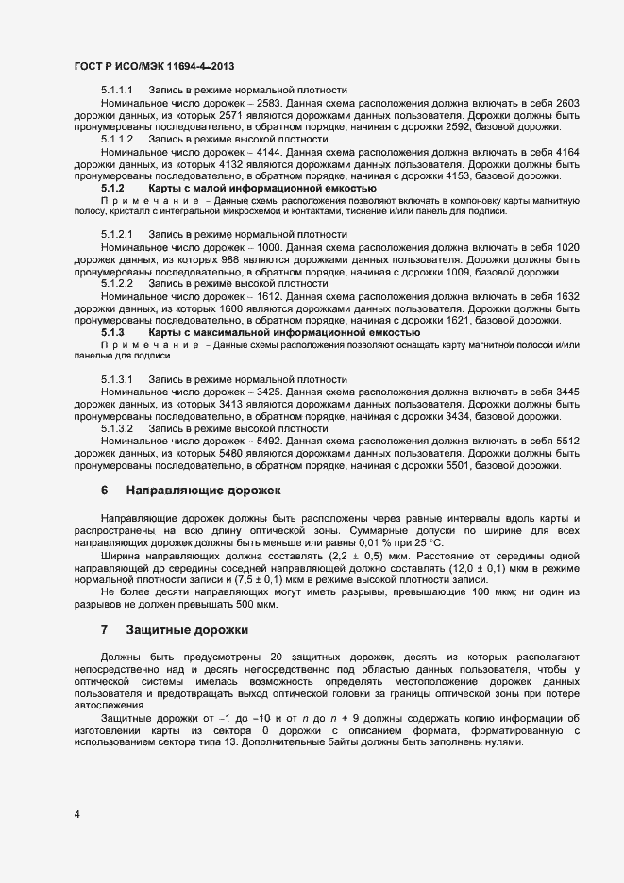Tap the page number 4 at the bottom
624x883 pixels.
pos(76,813)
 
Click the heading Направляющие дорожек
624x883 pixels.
pos(204,491)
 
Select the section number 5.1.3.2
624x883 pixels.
pos(117,428)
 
